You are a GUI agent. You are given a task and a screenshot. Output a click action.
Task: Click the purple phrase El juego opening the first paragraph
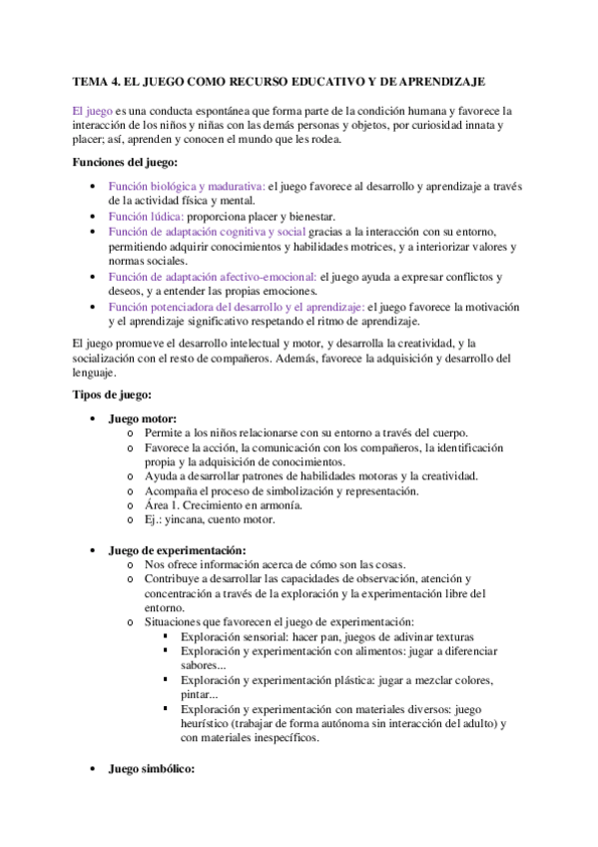coord(92,110)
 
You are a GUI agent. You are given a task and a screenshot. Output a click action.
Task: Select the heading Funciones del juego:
coord(126,162)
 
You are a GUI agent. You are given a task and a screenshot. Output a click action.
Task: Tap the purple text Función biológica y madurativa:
coord(187,186)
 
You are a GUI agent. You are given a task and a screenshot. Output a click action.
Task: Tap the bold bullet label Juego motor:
coord(143,419)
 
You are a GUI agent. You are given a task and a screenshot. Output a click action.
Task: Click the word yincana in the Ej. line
coord(184,519)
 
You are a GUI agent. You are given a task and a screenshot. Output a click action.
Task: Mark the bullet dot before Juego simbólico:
coord(93,770)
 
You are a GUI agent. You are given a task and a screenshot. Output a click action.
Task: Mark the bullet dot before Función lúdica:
coord(93,217)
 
